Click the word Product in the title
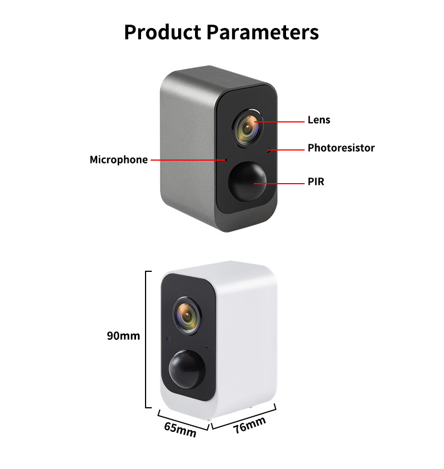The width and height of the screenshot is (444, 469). coord(162,32)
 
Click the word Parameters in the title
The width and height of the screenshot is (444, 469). coord(262,32)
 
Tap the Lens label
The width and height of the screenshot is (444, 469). coord(319,120)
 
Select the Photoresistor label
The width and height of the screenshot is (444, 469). coord(341,148)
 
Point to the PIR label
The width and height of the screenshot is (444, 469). coord(316,182)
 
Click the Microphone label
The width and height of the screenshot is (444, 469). coord(119,160)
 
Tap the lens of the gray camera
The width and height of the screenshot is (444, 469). coord(247,128)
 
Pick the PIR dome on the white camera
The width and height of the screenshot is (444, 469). coord(186,368)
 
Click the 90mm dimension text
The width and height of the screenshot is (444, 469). coord(123,336)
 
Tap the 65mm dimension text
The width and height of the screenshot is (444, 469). coord(180,430)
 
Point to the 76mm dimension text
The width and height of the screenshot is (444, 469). coord(250,426)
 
